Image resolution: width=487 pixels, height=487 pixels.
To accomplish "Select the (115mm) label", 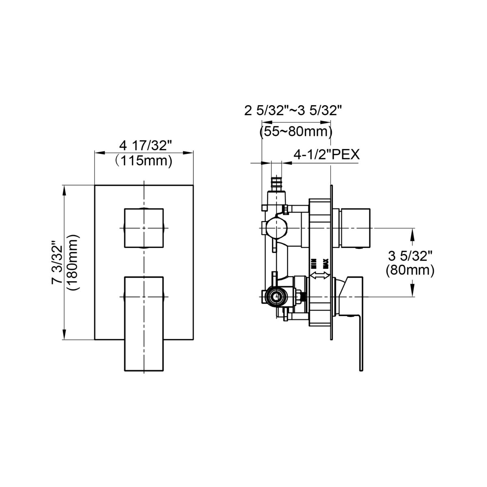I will click(143, 160).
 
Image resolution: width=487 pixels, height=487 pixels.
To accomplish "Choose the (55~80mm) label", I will click(296, 131).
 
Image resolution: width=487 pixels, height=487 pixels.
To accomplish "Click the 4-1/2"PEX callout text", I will click(327, 154).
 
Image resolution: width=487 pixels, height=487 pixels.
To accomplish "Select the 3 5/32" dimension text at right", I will click(410, 256).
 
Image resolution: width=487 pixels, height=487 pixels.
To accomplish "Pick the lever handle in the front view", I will click(144, 323).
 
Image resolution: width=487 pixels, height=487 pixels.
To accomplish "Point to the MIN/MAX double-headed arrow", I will click(320, 276).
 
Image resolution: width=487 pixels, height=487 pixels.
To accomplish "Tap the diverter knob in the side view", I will click(356, 228).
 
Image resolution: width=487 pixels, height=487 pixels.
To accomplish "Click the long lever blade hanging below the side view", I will click(360, 345).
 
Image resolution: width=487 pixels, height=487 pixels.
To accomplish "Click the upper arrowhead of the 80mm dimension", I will click(413, 233).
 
